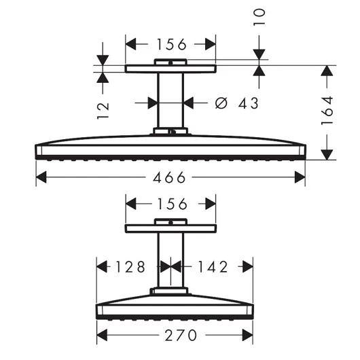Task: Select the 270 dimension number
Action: [x=175, y=336]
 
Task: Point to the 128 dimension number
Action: [x=130, y=266]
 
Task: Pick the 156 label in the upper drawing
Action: [x=170, y=45]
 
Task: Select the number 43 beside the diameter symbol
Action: [x=249, y=103]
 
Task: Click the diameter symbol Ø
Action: [x=221, y=103]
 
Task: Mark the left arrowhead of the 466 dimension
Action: [x=39, y=178]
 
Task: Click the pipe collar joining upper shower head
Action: [x=170, y=130]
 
